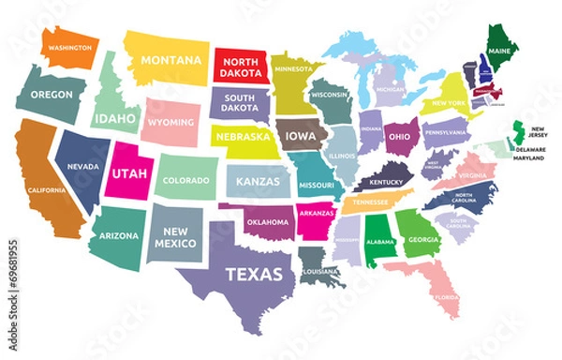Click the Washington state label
pyautogui.click(x=69, y=47)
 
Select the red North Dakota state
pyautogui.click(x=241, y=66)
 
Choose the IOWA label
pyautogui.click(x=301, y=136)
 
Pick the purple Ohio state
pyautogui.click(x=400, y=136)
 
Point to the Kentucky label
pyautogui.click(x=385, y=181)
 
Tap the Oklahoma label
pyautogui.click(x=267, y=222)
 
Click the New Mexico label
pyautogui.click(x=176, y=237)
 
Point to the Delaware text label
pyautogui.click(x=531, y=148)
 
